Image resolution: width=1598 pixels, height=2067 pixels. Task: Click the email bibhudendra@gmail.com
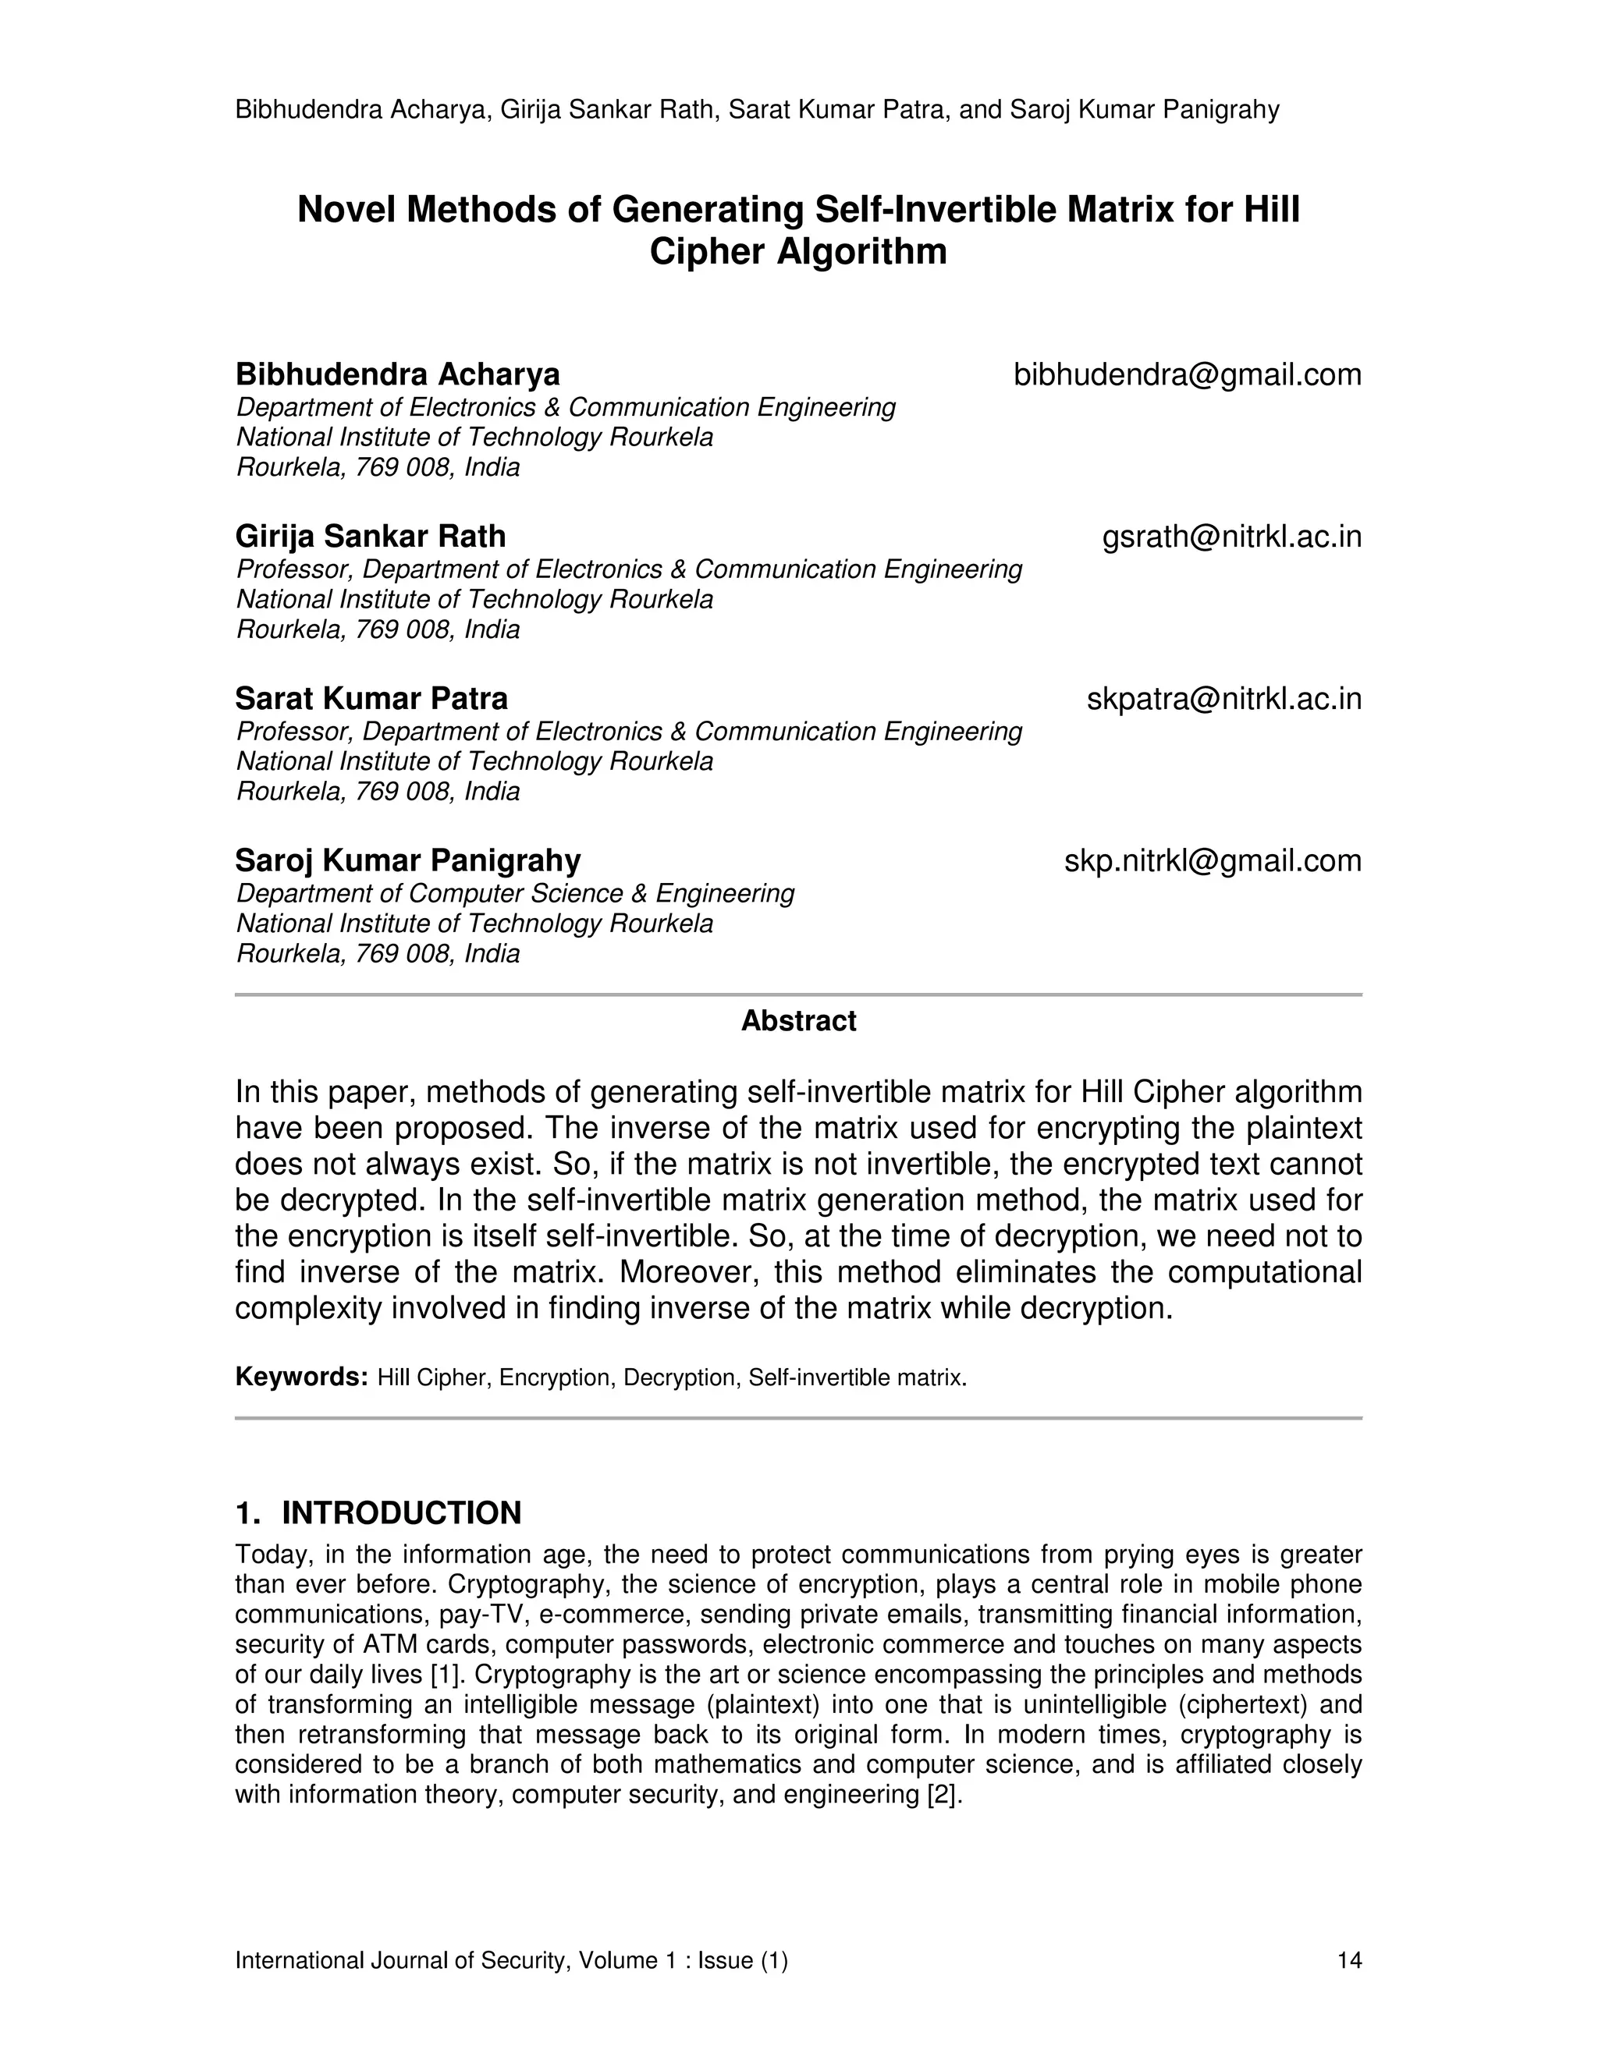[x=1186, y=374]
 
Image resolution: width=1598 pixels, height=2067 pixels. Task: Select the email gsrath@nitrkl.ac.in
[x=1230, y=537]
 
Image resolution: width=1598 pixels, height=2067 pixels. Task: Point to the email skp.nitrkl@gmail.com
[x=1212, y=860]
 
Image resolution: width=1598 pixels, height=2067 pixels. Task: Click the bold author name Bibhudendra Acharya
[x=398, y=374]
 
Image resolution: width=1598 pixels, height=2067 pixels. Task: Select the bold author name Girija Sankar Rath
[x=370, y=537]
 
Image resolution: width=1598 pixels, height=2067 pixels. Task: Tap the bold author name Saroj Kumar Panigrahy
[x=408, y=860]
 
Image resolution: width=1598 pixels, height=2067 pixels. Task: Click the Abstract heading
[x=798, y=1020]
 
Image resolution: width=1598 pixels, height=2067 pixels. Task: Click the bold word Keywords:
[x=301, y=1376]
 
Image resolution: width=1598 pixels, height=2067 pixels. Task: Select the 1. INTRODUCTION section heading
[x=378, y=1512]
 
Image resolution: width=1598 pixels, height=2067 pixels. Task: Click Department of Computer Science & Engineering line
[x=515, y=893]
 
